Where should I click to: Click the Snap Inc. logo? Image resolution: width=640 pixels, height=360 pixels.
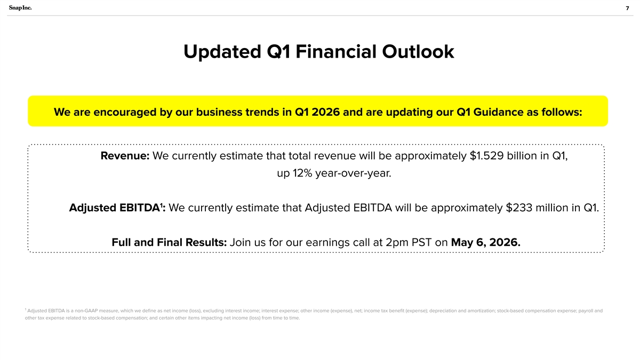coord(20,7)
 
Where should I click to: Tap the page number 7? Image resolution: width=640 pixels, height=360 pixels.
coord(627,9)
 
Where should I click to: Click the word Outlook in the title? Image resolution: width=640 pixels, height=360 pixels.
coord(418,52)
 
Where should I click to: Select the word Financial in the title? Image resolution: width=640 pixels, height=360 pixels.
coord(336,52)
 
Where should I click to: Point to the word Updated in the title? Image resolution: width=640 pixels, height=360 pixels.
coord(222,52)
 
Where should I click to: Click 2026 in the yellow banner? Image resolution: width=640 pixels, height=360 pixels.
coord(325,112)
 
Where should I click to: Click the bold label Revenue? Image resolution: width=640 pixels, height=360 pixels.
coord(125,156)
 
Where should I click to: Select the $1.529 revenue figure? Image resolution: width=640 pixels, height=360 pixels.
coord(486,156)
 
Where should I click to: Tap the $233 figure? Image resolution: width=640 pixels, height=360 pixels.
coord(519,207)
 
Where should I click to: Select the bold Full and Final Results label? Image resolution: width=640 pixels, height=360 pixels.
coord(169,242)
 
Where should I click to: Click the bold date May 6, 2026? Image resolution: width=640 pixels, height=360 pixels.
coord(486,243)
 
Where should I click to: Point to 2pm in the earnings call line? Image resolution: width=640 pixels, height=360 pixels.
coord(397,243)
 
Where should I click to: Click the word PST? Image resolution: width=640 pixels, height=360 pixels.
coord(421,242)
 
